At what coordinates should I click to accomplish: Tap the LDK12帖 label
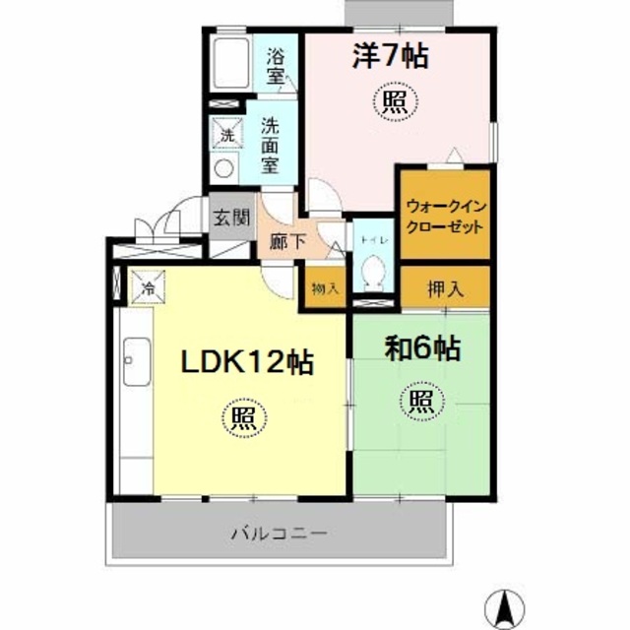coord(246,363)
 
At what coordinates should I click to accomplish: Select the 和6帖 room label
coord(422,348)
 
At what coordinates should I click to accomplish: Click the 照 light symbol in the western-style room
coord(393,100)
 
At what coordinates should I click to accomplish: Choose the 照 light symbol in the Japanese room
coord(419,401)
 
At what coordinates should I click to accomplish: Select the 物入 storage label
coord(326,288)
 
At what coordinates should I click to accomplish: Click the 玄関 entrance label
coord(231,218)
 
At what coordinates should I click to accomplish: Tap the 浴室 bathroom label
coord(275,63)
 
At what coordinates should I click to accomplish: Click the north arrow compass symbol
coord(503,602)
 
